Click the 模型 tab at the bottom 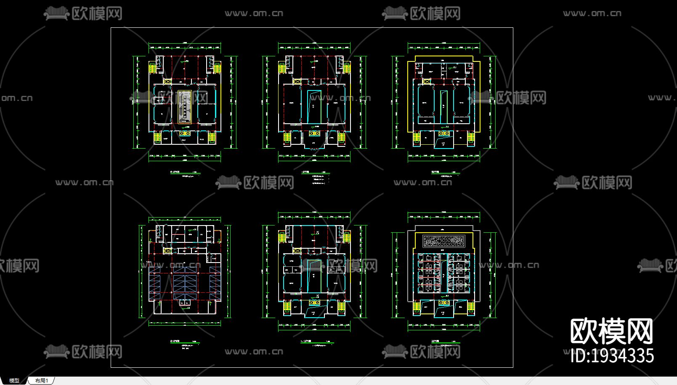(14, 380)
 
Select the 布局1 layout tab (42, 380)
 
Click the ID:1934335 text (612, 356)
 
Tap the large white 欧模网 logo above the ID (611, 331)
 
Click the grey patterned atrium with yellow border (184, 107)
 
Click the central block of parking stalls (185, 283)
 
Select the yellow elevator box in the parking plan (167, 250)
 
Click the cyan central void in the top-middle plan (314, 107)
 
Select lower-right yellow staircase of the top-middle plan (342, 138)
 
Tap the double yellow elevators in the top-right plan (443, 133)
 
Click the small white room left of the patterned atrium (159, 100)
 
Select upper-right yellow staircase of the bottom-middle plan (346, 237)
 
